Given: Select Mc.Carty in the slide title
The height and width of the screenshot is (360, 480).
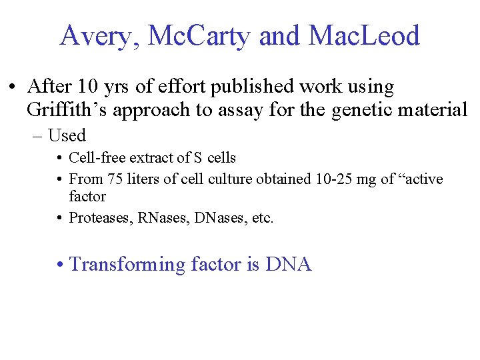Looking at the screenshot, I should tap(199, 36).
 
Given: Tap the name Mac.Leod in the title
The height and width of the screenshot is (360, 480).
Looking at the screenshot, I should tap(363, 36).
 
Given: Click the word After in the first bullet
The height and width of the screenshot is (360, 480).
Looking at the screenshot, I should tap(49, 87).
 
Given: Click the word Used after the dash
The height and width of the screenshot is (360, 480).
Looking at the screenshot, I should tap(67, 135).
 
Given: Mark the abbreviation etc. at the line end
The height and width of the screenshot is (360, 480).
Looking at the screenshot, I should tap(259, 218).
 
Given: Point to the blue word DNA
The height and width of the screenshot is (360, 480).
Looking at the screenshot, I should tap(288, 265).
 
